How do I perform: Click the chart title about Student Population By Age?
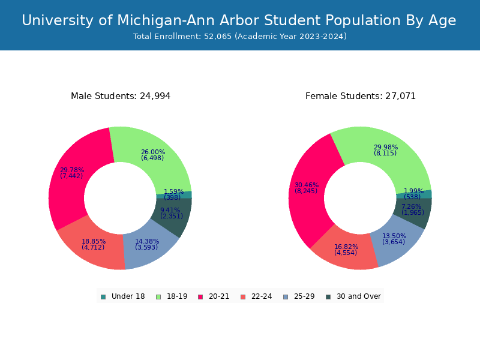pos(239,20)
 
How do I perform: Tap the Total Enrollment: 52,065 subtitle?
pos(240,37)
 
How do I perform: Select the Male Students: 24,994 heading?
pos(121,96)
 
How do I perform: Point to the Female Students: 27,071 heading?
pos(361,96)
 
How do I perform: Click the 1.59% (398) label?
pos(173,194)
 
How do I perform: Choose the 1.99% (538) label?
pos(413,194)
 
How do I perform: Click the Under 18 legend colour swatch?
pos(103,296)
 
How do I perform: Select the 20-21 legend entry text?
pos(219,296)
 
